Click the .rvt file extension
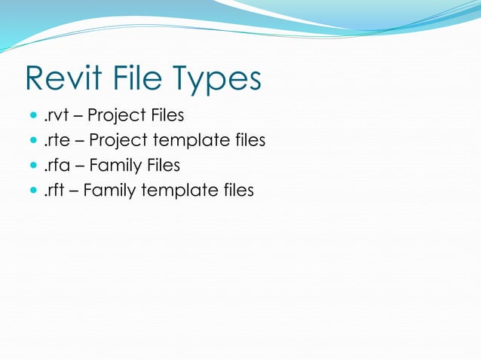tap(55, 116)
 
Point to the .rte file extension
tap(55, 141)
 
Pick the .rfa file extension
tap(55, 165)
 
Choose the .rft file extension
tap(54, 190)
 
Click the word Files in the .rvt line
tap(166, 116)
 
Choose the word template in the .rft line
tap(179, 191)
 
